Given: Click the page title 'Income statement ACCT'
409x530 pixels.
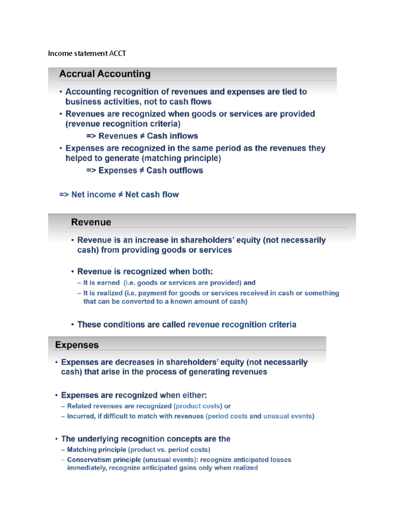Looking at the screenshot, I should click(x=87, y=53).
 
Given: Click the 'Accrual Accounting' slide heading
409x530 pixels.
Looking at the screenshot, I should click(x=105, y=74).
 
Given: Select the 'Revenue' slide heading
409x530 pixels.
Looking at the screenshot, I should click(x=91, y=222).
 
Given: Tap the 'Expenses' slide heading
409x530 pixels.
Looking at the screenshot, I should click(x=77, y=345).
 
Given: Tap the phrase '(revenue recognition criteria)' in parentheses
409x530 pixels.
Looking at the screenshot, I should click(x=123, y=124).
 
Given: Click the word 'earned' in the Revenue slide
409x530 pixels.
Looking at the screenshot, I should click(x=108, y=283).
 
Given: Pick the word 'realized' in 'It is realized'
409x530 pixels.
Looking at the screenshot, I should click(x=109, y=293).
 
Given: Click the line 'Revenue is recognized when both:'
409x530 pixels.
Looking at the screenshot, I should click(x=145, y=272).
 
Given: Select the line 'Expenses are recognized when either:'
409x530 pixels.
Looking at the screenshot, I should click(x=134, y=395).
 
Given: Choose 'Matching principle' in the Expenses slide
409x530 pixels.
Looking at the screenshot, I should click(x=96, y=450).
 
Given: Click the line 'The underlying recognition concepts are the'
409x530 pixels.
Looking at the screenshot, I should click(x=146, y=439).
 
